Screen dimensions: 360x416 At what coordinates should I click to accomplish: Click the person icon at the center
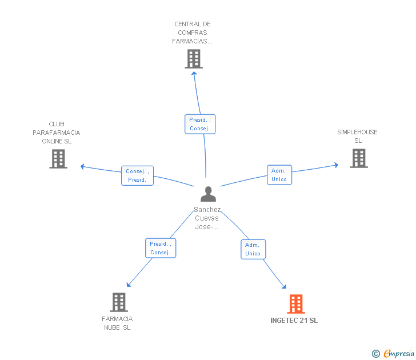pos(208,194)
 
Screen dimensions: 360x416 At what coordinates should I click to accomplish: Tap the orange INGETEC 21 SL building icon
pos(295,304)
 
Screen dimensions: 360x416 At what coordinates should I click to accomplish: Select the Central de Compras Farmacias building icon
pos(194,59)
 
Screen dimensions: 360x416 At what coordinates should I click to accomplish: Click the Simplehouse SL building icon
pos(358,158)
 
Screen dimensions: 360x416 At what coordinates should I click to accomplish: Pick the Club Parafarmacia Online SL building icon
pos(58,159)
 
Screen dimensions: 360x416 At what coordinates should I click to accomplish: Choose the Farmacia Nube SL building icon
pos(118,302)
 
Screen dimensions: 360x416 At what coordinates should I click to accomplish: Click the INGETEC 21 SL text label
pos(294,321)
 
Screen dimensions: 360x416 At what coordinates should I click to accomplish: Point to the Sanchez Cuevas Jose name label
pos(207,218)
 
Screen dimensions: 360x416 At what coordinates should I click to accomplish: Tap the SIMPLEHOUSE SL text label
pos(357,136)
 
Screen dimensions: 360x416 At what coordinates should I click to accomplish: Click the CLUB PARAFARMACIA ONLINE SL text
pos(57,133)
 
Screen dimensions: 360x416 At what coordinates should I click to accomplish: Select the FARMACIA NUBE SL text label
pos(117,323)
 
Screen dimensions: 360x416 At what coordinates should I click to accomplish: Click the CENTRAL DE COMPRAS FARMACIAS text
pos(193,33)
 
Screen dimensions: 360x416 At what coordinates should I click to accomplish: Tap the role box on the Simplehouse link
pos(279,175)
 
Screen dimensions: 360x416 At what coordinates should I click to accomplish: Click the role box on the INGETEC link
pos(253,249)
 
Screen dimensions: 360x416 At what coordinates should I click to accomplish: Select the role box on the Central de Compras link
pos(200,124)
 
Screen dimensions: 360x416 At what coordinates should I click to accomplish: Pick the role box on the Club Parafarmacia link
pos(137,175)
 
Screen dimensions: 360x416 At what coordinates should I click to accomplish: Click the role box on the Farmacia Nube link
pos(160,248)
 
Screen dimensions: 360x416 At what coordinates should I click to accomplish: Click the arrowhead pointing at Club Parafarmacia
pos(82,166)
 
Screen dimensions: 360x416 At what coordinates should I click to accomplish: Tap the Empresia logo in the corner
pos(393,354)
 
